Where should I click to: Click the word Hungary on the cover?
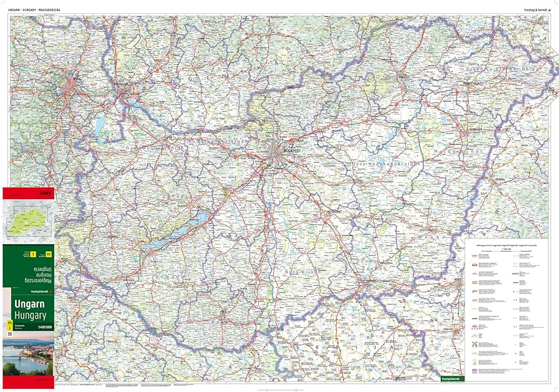click(x=28, y=316)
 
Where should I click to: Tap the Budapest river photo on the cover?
click(x=28, y=356)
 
